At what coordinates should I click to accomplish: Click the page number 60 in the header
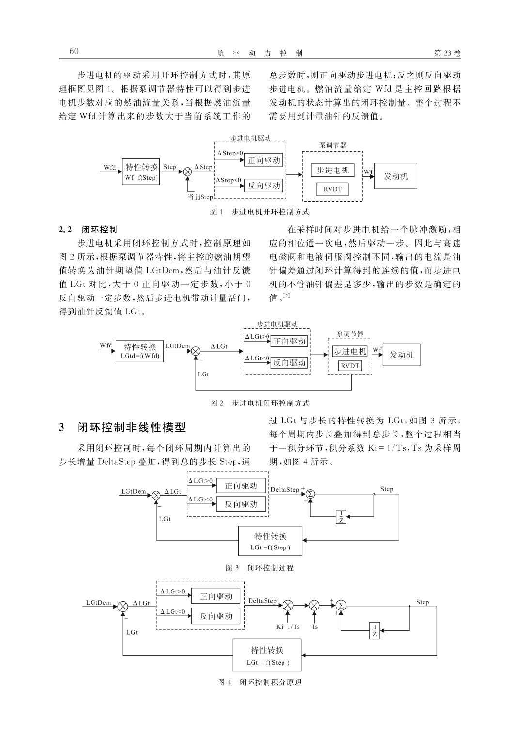pyautogui.click(x=74, y=51)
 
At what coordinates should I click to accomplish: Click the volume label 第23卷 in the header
pyautogui.click(x=447, y=53)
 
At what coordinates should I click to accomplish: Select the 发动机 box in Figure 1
pyautogui.click(x=395, y=176)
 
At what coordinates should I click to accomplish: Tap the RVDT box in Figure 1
pyautogui.click(x=332, y=189)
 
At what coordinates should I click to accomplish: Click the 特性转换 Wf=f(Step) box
pyautogui.click(x=141, y=172)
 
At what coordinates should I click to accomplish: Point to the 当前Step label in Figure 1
pyautogui.click(x=200, y=197)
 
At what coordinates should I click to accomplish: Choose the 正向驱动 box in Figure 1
pyautogui.click(x=264, y=160)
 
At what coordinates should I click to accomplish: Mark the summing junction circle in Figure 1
pyautogui.click(x=188, y=172)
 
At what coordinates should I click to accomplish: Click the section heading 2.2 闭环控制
pyautogui.click(x=88, y=229)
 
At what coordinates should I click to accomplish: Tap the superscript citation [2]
pyautogui.click(x=286, y=296)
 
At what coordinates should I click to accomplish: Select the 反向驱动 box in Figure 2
pyautogui.click(x=289, y=363)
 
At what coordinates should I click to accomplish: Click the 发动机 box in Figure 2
pyautogui.click(x=401, y=355)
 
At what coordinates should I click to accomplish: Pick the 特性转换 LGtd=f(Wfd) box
pyautogui.click(x=140, y=351)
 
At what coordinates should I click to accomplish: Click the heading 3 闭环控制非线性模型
pyautogui.click(x=122, y=427)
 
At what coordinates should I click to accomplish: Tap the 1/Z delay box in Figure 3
pyautogui.click(x=341, y=517)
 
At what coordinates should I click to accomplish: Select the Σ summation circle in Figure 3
pyautogui.click(x=310, y=494)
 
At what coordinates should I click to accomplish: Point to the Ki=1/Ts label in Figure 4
pyautogui.click(x=288, y=626)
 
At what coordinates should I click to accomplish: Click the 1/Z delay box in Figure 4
pyautogui.click(x=375, y=630)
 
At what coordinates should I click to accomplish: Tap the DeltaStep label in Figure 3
pyautogui.click(x=285, y=489)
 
